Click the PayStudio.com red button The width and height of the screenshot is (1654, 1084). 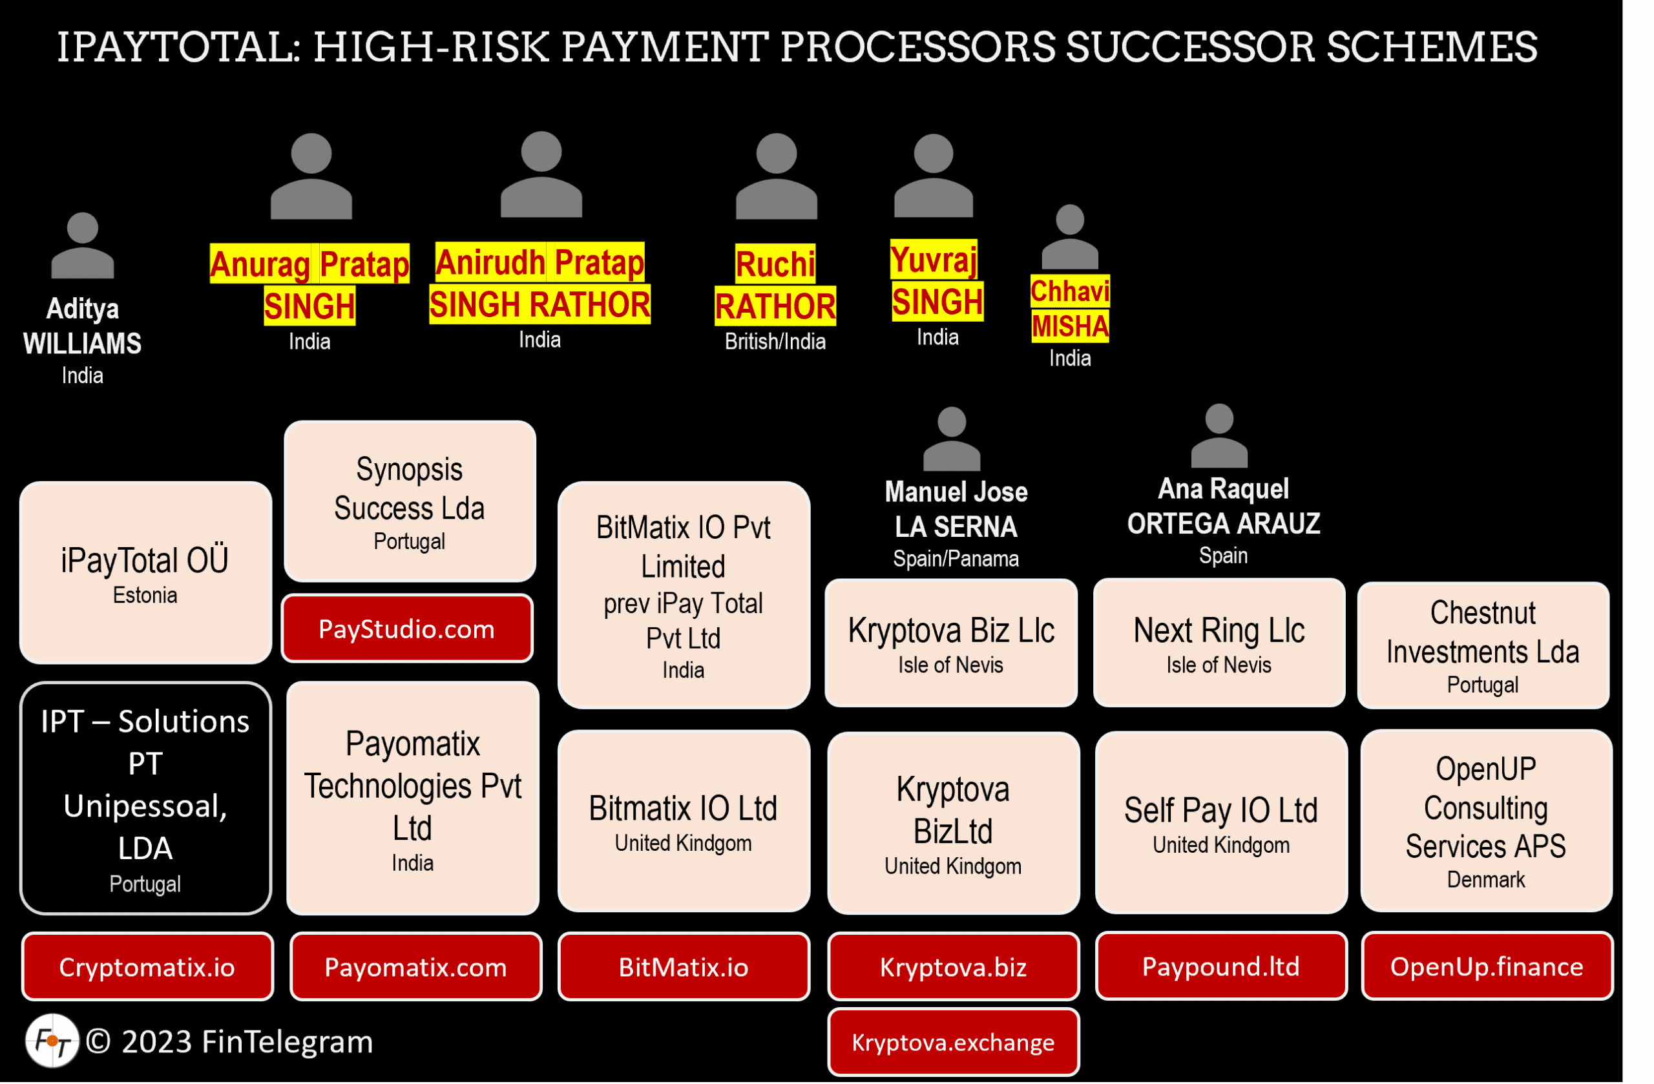[406, 629]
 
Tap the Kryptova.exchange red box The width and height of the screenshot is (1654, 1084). [953, 1042]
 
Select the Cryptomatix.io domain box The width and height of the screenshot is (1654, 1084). [147, 966]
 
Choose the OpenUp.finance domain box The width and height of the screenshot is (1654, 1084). [1487, 966]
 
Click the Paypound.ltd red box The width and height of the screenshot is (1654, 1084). [1220, 966]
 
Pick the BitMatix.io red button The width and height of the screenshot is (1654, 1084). [684, 966]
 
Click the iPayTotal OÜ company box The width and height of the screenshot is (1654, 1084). [145, 572]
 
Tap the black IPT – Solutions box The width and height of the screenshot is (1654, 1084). [145, 798]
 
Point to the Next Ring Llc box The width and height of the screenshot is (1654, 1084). [1219, 643]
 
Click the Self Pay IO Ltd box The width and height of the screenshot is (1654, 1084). [1221, 822]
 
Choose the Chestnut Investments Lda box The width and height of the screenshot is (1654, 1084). [1483, 645]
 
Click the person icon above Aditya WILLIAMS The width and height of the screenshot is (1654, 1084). [83, 246]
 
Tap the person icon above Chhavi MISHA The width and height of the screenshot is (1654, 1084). [1069, 238]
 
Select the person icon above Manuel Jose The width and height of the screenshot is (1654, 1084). [952, 439]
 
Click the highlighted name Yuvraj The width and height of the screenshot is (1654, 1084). [934, 260]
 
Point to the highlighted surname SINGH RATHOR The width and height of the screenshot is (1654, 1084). [539, 304]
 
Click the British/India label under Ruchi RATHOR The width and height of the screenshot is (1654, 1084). [775, 342]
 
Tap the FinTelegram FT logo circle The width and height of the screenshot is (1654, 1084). [52, 1041]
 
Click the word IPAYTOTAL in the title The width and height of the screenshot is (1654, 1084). [178, 47]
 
